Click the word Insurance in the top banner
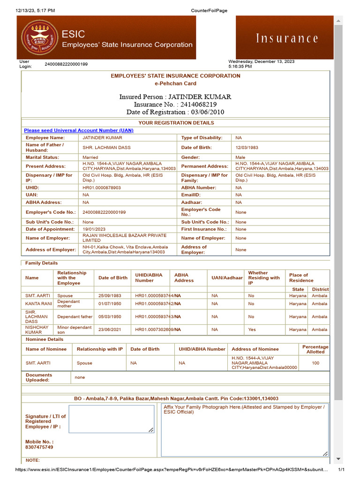coord(287,38)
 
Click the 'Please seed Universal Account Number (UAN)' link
coord(78,130)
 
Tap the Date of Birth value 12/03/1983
coord(247,148)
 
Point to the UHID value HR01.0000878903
coord(101,187)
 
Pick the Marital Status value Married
coord(90,157)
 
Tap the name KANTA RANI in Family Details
coord(38,304)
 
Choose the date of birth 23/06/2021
coord(110,330)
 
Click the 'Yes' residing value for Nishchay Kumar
coord(252,330)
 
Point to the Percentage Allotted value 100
coord(315,363)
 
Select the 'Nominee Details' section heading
coord(45,339)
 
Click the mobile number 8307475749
coord(39,447)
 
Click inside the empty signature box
coord(111,419)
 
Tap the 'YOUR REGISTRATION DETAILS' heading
coord(176,123)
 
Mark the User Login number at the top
coord(66,64)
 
